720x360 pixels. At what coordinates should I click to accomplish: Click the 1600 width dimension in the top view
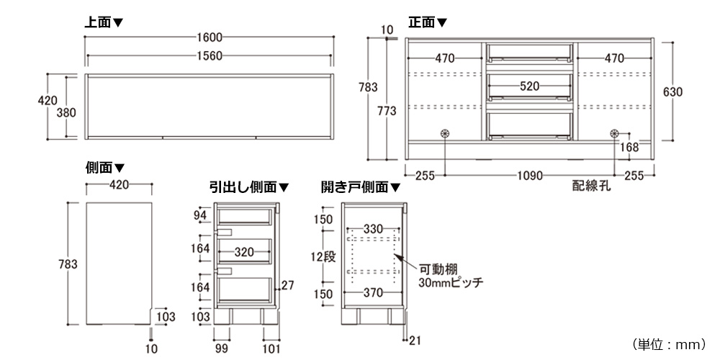(208, 37)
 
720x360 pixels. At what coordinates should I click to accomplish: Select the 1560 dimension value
(208, 57)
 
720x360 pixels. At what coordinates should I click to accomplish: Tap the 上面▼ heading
(104, 22)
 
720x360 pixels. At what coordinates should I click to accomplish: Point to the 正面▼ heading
(428, 22)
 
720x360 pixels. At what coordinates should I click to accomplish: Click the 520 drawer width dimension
(529, 86)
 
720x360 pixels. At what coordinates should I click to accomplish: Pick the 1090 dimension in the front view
(529, 175)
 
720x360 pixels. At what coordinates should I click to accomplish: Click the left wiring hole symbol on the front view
(444, 133)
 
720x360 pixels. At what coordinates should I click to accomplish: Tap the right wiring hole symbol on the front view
(615, 133)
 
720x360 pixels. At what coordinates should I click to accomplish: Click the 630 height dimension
(672, 92)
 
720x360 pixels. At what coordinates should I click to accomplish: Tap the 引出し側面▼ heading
(249, 187)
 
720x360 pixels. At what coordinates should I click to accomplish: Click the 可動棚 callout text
(436, 269)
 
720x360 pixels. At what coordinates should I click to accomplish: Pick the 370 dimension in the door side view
(372, 293)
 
